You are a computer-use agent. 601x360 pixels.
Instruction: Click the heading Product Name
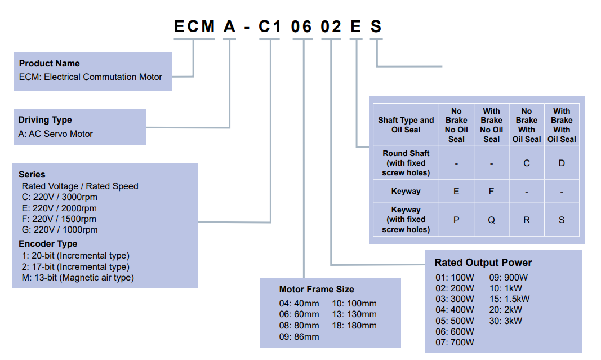click(x=49, y=64)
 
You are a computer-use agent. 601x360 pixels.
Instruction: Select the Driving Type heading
click(x=45, y=120)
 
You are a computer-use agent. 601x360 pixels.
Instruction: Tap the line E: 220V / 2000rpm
click(x=59, y=208)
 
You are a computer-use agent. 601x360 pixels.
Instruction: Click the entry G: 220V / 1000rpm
click(x=59, y=230)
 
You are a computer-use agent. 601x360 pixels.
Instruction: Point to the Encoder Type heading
click(x=48, y=244)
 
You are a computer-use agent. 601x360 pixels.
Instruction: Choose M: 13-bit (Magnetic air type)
click(x=77, y=278)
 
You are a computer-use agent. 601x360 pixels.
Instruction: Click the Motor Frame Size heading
click(x=317, y=290)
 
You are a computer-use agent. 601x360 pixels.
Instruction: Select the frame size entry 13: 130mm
click(x=354, y=314)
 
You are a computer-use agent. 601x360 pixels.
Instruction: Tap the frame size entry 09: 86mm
click(x=299, y=336)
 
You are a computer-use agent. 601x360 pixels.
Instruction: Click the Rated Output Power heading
click(x=483, y=263)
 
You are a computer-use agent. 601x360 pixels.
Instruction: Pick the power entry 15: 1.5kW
click(x=509, y=299)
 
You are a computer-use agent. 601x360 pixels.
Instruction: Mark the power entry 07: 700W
click(x=455, y=342)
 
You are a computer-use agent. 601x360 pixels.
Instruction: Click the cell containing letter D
click(x=562, y=163)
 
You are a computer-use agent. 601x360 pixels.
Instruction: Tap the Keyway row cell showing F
click(x=491, y=192)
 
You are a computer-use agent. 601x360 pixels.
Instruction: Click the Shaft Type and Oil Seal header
click(x=406, y=125)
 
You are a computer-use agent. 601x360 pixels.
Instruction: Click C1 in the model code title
click(x=269, y=26)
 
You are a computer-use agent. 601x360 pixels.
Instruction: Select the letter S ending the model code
click(x=376, y=26)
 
